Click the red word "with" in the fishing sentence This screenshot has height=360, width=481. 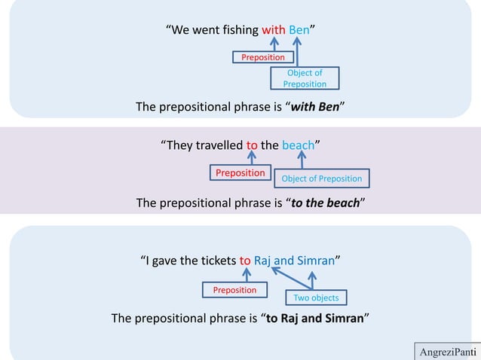click(273, 31)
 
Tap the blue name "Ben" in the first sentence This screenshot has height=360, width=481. click(299, 31)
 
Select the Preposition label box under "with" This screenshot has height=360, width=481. click(262, 57)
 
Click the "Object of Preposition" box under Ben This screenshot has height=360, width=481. click(305, 78)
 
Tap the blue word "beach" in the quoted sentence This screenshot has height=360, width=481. click(298, 145)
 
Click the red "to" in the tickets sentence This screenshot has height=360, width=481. click(245, 261)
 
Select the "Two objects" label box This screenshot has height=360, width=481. click(316, 297)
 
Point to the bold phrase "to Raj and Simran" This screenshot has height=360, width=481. click(315, 317)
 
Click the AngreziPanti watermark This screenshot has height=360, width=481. click(448, 352)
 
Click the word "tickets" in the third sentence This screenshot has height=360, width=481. click(215, 261)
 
